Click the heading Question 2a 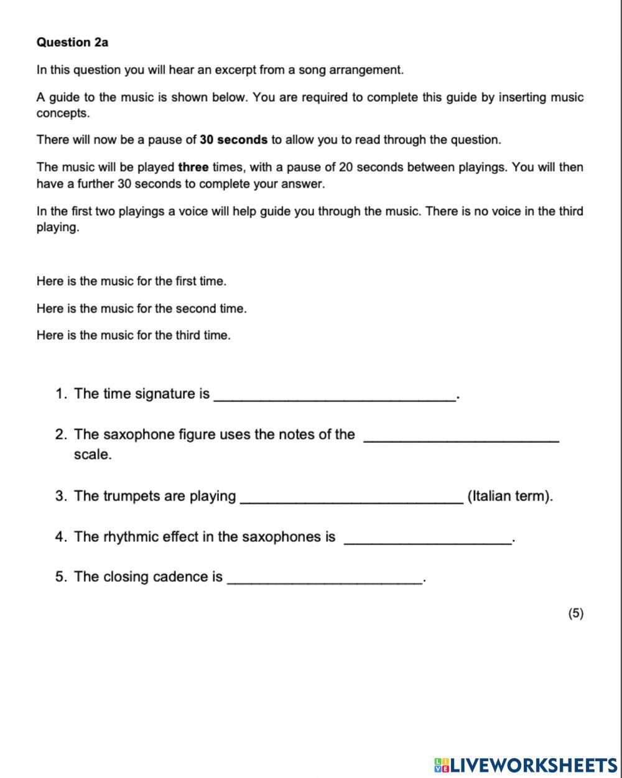pos(72,42)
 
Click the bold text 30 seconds pos(233,140)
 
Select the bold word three pos(193,167)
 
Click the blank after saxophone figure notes pos(460,437)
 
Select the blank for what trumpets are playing pos(351,499)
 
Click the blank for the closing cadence pos(325,580)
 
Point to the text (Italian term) pos(509,496)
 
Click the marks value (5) pos(575,613)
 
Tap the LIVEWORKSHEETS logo pos(526,765)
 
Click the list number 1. pos(60,393)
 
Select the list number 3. pos(60,496)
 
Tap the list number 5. pos(60,577)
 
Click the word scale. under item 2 pos(93,454)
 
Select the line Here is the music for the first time pos(131,281)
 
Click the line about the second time pos(141,308)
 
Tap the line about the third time pos(133,336)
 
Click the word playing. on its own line pos(58,227)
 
